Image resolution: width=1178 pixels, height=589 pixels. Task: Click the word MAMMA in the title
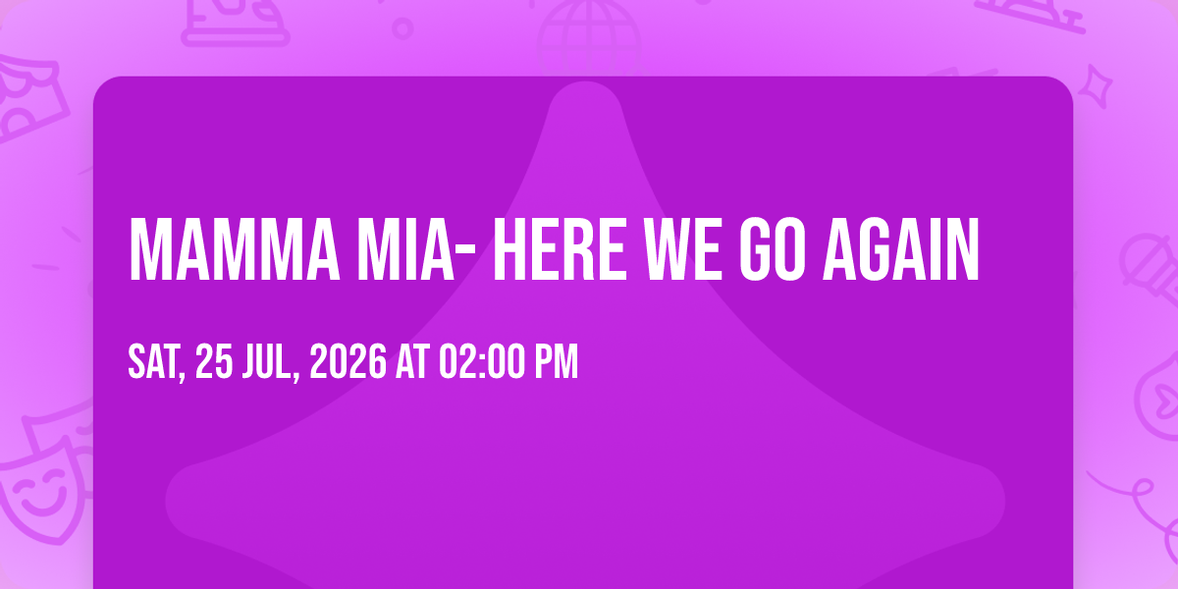(234, 249)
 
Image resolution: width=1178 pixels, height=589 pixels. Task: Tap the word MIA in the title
(404, 249)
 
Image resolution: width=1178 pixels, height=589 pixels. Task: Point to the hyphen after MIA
(464, 251)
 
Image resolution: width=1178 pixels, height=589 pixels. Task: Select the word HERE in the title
(560, 249)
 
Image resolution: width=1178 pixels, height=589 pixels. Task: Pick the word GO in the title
(772, 249)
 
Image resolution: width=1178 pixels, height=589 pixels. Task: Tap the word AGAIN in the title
(900, 249)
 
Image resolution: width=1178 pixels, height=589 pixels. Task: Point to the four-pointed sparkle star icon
(1096, 85)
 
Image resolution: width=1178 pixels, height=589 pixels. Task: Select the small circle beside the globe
(402, 28)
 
